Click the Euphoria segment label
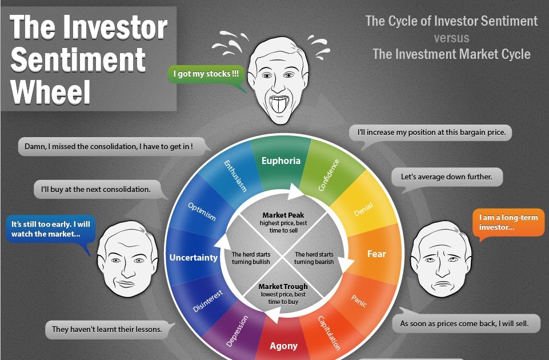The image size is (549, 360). [x=281, y=161]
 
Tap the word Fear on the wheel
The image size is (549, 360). [x=376, y=254]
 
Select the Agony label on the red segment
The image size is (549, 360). [x=283, y=346]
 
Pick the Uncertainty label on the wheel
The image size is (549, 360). [x=194, y=258]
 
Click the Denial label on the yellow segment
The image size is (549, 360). [x=363, y=209]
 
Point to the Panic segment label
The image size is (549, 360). [x=359, y=301]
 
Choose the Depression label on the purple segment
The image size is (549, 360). [x=237, y=331]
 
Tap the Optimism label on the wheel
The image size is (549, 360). [x=202, y=211]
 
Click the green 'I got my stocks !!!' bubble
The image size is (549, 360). [x=206, y=74]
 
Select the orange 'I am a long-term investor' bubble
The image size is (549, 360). [x=508, y=222]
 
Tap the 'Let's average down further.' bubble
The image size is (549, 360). [x=447, y=177]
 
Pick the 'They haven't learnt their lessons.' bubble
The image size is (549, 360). [x=107, y=329]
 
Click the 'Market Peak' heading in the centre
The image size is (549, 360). [x=283, y=215]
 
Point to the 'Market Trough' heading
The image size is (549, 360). [x=283, y=286]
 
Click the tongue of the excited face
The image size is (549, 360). [x=279, y=105]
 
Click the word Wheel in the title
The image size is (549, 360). [x=50, y=92]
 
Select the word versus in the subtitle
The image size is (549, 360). [x=452, y=38]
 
